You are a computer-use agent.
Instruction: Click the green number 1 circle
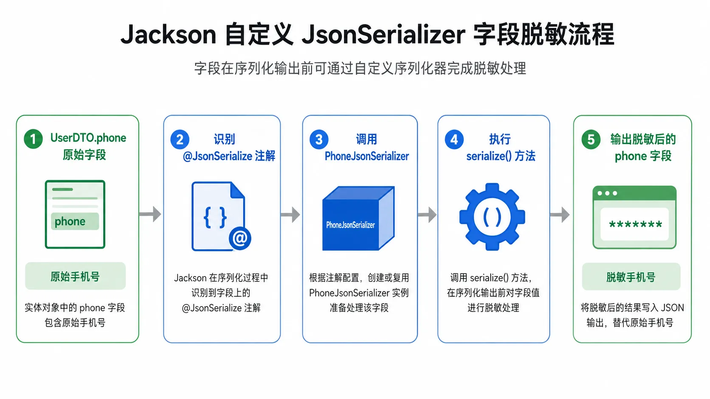[33, 139]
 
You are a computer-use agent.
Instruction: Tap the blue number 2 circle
[180, 140]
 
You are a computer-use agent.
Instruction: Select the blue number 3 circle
[319, 140]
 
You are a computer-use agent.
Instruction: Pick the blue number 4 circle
[454, 140]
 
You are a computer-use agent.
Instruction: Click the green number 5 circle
[591, 140]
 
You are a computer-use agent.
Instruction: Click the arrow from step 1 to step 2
[150, 214]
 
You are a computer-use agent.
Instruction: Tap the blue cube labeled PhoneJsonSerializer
[358, 218]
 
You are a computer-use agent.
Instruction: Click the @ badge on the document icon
[240, 238]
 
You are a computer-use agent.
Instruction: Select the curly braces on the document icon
[215, 218]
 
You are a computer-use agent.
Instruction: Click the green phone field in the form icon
[75, 221]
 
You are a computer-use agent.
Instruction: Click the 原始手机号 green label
[76, 276]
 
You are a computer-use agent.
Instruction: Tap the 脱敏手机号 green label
[631, 276]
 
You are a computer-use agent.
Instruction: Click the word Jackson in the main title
[168, 34]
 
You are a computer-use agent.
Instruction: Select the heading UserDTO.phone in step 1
[88, 138]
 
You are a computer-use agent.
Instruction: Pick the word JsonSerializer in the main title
[383, 34]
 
